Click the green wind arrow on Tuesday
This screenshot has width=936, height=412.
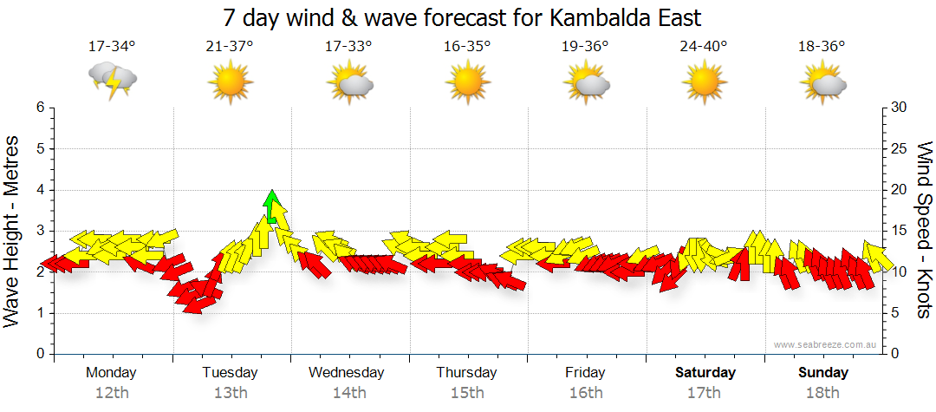tap(272, 207)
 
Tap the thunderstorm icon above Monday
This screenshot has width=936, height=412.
tap(113, 81)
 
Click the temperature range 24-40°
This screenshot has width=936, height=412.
tap(703, 46)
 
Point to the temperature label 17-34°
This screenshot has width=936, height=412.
tap(112, 46)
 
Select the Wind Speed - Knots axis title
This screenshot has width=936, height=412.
tap(923, 230)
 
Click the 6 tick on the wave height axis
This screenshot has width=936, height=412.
tap(39, 108)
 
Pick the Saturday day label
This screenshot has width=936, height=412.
tap(705, 373)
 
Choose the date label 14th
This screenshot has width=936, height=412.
tap(348, 392)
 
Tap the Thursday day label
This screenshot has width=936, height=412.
tap(466, 373)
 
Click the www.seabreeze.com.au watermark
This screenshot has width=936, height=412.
tap(826, 345)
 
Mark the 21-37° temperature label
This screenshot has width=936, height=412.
tap(230, 46)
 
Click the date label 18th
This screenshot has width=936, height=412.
tap(822, 392)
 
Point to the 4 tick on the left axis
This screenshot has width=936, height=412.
tap(39, 190)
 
